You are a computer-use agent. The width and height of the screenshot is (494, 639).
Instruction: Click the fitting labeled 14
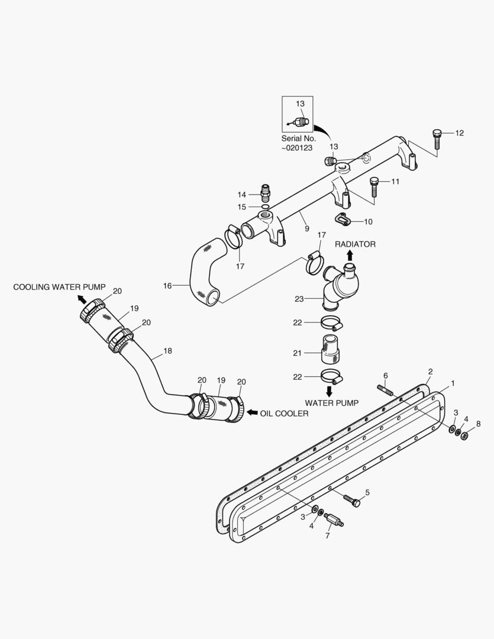click(266, 193)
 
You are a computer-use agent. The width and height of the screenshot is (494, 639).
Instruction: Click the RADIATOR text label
click(355, 244)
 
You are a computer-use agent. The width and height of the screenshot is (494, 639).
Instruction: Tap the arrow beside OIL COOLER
click(251, 412)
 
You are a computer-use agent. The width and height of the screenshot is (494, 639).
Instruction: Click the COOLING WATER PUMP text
click(59, 287)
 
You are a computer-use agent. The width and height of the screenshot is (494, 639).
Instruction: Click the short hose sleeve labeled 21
click(330, 349)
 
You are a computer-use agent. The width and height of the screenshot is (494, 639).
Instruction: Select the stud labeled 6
click(385, 390)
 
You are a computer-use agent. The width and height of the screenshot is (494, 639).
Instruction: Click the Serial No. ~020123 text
click(298, 143)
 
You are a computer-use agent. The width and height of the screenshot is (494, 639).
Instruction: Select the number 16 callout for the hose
click(167, 286)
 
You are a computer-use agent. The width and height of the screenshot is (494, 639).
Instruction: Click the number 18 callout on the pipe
click(167, 351)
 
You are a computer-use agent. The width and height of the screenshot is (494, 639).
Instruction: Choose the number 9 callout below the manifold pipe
click(306, 228)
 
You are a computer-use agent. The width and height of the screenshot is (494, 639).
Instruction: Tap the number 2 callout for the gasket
click(430, 371)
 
